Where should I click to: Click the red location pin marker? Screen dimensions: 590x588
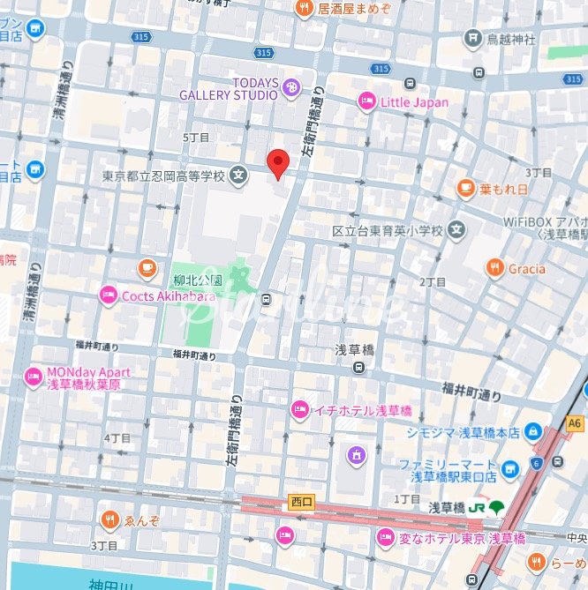(278, 163)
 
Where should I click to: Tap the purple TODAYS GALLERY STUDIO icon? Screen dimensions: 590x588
(291, 86)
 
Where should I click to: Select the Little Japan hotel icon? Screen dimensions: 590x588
(366, 102)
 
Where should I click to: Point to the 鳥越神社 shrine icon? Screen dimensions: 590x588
(473, 39)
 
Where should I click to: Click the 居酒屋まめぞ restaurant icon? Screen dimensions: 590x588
(304, 9)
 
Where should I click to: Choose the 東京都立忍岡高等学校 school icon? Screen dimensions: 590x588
(238, 176)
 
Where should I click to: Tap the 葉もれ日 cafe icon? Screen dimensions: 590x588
(465, 188)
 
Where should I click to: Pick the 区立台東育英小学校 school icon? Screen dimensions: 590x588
(456, 231)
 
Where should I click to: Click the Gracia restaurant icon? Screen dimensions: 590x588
(494, 268)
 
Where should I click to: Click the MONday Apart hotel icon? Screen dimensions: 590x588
(34, 377)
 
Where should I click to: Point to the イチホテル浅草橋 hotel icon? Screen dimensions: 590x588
(299, 410)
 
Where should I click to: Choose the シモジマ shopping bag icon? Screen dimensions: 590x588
(532, 431)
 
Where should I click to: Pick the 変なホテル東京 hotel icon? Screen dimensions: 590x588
(385, 537)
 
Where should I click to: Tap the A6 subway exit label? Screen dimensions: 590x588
(575, 424)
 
